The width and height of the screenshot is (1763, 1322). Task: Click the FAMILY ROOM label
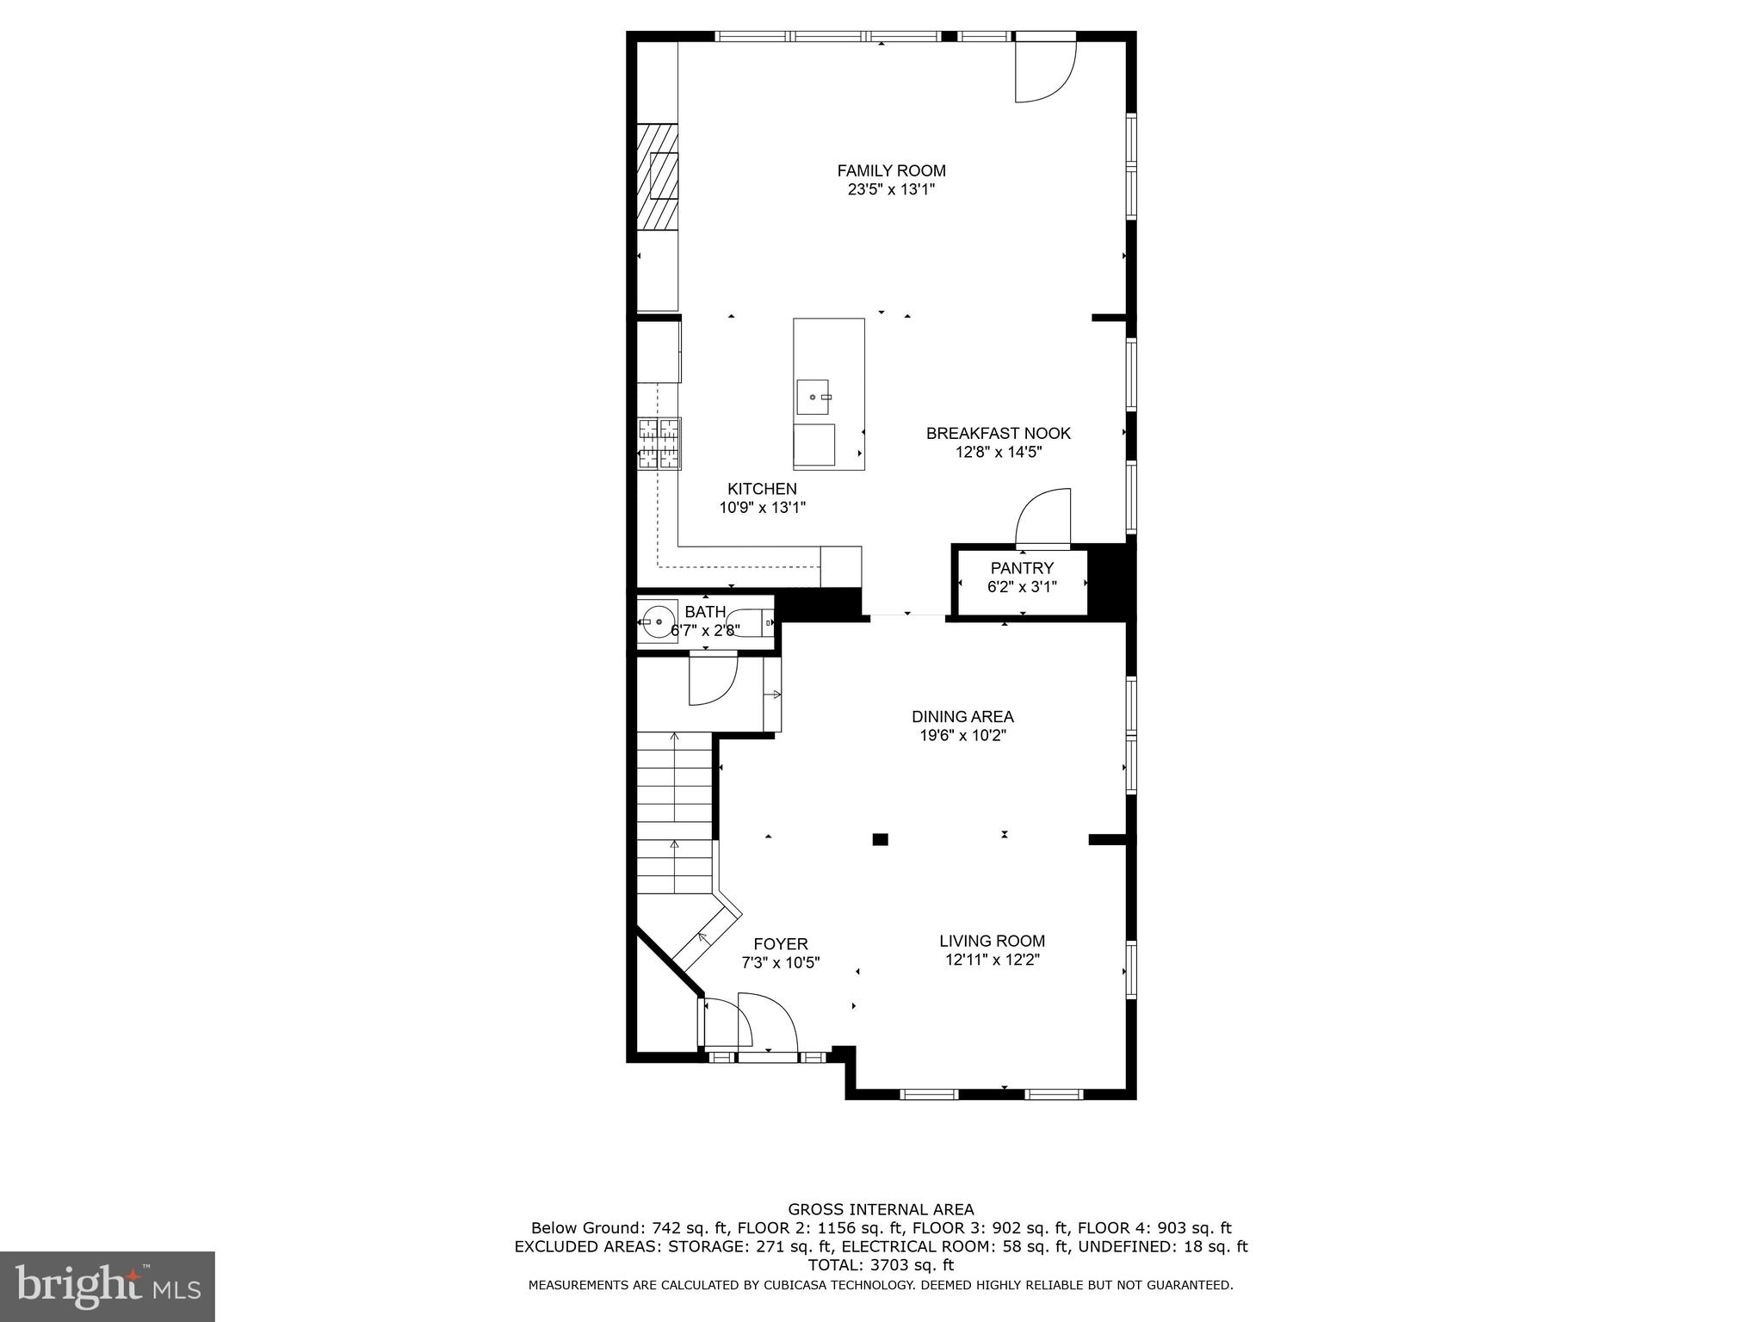(891, 170)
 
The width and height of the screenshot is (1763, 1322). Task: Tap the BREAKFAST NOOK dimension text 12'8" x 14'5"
(999, 453)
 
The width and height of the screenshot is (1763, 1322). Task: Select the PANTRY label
(1022, 568)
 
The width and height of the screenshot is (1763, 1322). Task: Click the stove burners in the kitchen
(659, 443)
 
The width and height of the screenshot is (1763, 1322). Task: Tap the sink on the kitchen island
(813, 397)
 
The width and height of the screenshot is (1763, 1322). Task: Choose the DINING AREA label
(962, 716)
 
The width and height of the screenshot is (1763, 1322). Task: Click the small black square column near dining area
(880, 839)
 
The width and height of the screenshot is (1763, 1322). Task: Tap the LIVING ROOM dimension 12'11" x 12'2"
(992, 961)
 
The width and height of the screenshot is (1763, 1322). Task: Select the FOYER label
(781, 944)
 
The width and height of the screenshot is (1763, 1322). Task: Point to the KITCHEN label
(762, 489)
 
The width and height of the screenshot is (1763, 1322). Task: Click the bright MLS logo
(107, 1285)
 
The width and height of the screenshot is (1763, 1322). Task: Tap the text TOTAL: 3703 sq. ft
(881, 1265)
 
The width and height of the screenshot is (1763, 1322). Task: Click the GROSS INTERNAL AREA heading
(881, 1209)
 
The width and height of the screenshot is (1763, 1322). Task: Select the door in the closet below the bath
(713, 680)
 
